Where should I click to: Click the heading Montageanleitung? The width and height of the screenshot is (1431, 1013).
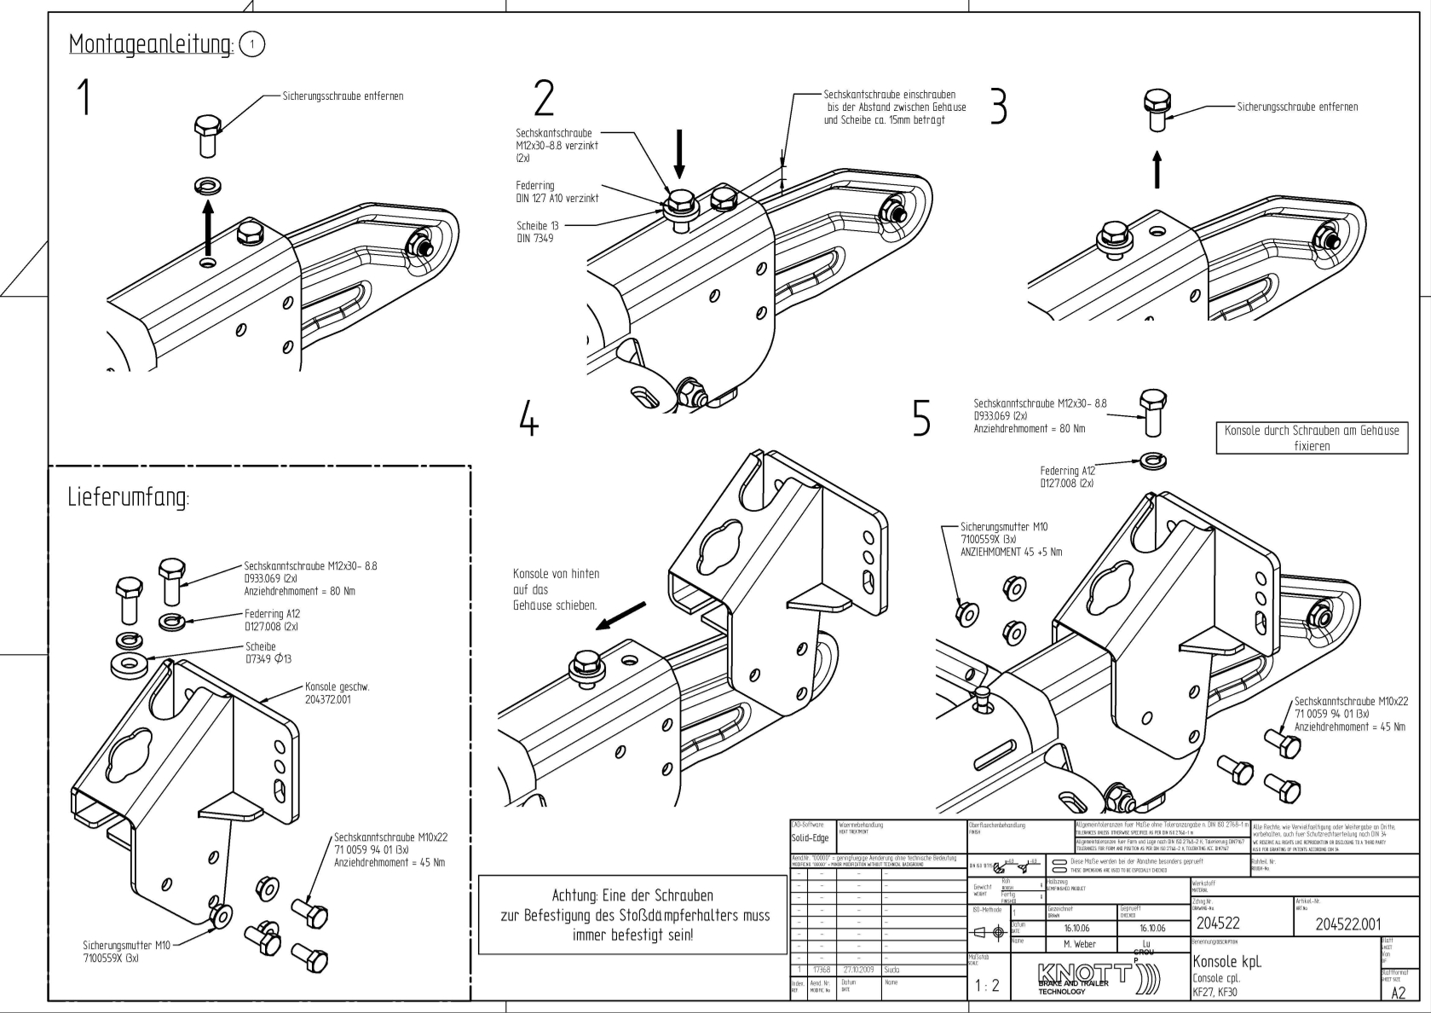click(150, 44)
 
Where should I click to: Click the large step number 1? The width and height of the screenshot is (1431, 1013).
click(84, 97)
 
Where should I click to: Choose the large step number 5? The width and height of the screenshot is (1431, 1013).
click(921, 418)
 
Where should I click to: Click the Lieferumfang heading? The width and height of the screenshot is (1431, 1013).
click(129, 498)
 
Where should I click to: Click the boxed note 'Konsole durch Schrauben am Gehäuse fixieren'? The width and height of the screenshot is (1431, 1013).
click(1311, 437)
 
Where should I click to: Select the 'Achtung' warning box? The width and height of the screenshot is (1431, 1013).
click(632, 915)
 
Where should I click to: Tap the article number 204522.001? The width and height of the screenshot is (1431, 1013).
click(1348, 923)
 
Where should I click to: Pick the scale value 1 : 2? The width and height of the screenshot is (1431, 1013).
click(986, 986)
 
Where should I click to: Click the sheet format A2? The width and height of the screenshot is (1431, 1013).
click(1398, 993)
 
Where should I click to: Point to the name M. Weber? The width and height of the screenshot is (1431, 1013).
click(1080, 944)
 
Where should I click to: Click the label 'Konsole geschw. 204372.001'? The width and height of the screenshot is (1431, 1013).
click(338, 692)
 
